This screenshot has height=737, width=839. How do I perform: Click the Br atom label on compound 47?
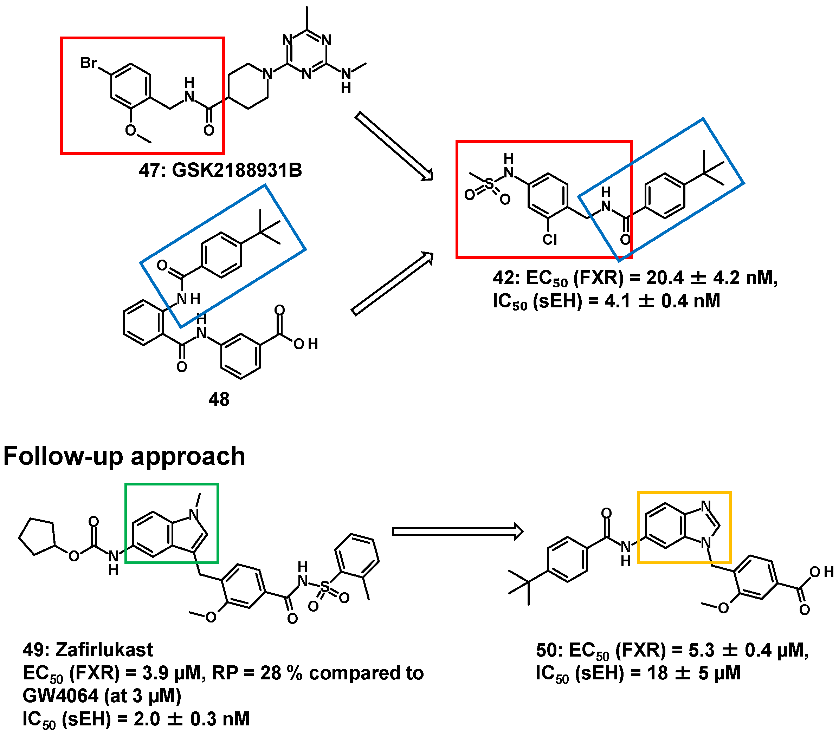coord(88,63)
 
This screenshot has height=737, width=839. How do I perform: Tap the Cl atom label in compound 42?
coord(550,239)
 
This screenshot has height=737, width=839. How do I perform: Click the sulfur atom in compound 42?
coord(489,184)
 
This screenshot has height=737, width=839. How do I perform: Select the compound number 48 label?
coord(219,399)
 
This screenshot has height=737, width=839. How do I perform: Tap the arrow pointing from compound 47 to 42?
coord(394,145)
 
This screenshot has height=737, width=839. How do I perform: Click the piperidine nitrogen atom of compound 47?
coord(267,74)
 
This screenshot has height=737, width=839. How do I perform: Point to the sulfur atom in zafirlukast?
coord(325,587)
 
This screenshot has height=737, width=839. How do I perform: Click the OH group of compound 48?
coord(306,344)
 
